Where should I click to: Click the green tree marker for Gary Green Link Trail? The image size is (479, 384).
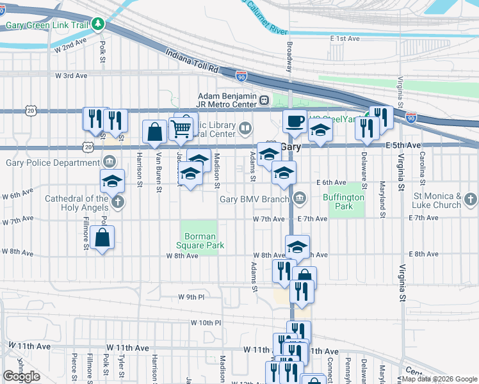(x=97, y=24)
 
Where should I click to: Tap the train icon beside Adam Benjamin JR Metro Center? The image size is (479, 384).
(x=264, y=100)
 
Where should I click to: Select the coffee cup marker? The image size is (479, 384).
(x=295, y=121)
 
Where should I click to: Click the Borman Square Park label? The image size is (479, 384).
(x=199, y=240)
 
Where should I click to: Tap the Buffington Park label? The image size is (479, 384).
(x=343, y=202)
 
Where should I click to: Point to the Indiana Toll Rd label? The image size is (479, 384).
(x=191, y=62)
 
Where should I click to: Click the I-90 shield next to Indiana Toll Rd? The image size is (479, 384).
(x=241, y=76)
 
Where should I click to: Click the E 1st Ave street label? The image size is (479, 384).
(x=345, y=39)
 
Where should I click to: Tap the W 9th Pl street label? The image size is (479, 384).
(x=191, y=297)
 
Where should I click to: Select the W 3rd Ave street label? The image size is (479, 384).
(x=71, y=76)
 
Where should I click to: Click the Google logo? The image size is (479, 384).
(x=21, y=376)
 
